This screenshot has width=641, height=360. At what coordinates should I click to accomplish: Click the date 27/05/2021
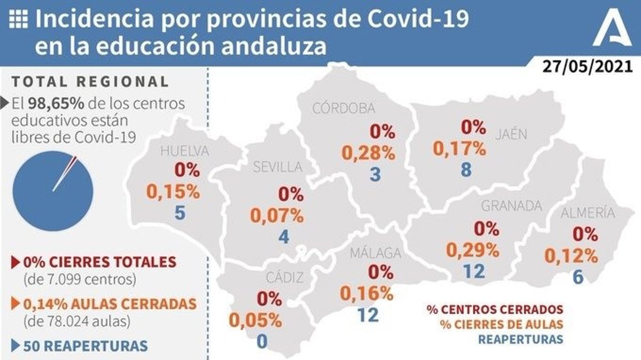pos(587,67)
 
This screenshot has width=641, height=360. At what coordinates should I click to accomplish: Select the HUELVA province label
pos(184,151)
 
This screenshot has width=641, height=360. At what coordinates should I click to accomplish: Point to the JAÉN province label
pos(510,134)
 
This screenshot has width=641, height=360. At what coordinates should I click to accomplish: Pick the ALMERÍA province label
pos(587,213)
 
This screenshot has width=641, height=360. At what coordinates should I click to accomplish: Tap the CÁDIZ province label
pos(285,277)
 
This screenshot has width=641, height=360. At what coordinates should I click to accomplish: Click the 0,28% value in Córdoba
pos(369,153)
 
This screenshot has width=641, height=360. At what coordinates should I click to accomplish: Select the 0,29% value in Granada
pos(473,249)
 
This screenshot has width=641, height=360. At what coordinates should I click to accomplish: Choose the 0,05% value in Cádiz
pos(256,319)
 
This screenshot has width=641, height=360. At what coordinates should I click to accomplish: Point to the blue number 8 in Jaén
pos(466,170)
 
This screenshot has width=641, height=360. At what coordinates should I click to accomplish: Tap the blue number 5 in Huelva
pos(179,214)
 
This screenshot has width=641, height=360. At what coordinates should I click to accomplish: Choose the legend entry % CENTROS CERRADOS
pos(495,309)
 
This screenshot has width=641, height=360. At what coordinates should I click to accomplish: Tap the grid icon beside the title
pos(19,20)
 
